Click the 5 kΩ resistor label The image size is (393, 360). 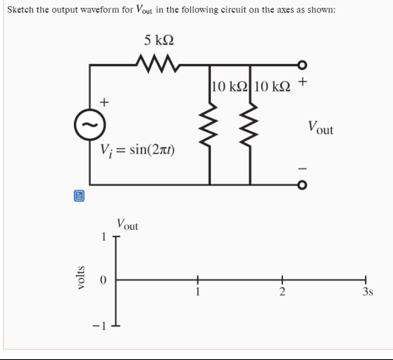click(x=159, y=40)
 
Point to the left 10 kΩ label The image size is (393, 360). click(x=229, y=86)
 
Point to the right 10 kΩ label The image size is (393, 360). click(x=272, y=86)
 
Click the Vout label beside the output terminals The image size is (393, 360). click(x=320, y=128)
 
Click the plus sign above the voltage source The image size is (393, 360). click(x=104, y=102)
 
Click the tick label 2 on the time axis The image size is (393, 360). click(x=282, y=292)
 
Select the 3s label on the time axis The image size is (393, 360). click(x=368, y=292)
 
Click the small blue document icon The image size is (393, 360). click(x=79, y=195)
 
